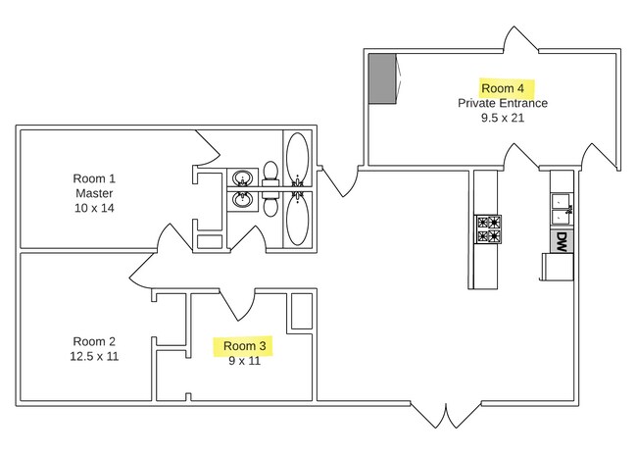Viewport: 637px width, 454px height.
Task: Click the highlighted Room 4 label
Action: tap(503, 88)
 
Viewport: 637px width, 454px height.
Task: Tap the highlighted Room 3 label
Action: tap(245, 346)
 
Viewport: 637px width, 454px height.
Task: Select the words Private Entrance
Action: tap(503, 103)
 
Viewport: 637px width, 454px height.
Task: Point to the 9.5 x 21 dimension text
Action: tap(503, 118)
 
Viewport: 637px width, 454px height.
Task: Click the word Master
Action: tap(94, 193)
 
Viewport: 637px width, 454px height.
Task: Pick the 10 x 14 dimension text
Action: tap(94, 208)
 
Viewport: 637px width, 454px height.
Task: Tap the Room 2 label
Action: tap(94, 341)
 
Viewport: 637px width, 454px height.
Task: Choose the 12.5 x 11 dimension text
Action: tap(94, 357)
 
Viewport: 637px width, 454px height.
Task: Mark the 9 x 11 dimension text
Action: tap(245, 361)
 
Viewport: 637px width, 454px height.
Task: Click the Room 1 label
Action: tap(94, 178)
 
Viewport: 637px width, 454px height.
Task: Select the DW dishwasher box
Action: tap(562, 242)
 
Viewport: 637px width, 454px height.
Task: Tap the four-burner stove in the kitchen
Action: tap(488, 229)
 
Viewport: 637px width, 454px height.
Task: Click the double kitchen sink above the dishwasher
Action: tap(562, 209)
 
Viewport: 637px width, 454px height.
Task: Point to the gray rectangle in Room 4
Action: tap(382, 78)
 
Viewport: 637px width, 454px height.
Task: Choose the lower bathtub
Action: tap(297, 220)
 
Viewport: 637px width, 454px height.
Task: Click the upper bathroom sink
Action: tap(242, 178)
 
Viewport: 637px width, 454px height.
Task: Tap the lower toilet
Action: tap(270, 204)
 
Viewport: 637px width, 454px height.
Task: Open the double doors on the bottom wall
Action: tap(446, 416)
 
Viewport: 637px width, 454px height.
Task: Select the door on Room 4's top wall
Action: tap(520, 39)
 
